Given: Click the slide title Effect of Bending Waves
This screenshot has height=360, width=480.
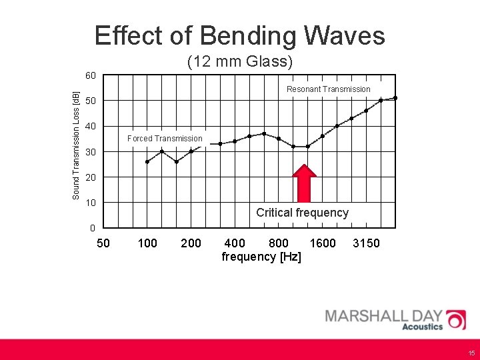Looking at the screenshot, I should pos(240,35).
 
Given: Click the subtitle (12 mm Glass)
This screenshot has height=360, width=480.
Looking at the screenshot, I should pos(240,62).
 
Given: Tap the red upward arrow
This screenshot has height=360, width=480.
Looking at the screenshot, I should pos(305,183).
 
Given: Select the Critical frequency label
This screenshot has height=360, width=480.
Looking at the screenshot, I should pos(302,213).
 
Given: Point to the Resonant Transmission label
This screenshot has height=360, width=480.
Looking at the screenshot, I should pos(328,89).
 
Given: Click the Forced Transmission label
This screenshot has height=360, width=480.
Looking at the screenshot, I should pos(165,139).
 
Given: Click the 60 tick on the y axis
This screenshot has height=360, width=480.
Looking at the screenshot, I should pos(91,75).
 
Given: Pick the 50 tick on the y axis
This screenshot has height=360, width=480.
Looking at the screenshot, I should pos(91,101).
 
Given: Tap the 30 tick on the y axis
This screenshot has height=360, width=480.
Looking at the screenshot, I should pos(91,152).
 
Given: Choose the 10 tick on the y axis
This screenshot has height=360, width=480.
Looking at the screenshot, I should pos(91,203).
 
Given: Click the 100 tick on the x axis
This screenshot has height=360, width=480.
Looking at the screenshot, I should pos(147,243).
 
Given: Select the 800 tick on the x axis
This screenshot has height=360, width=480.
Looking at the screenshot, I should pos(278,243).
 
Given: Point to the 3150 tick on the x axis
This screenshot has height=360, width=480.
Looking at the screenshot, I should pos(366,243).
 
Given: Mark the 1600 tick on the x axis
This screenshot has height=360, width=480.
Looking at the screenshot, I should pos(323,243).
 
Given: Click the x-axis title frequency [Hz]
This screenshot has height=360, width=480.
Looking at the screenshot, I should pos(261,257).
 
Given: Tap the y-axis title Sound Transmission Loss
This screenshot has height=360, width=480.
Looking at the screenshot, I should pos(76,145).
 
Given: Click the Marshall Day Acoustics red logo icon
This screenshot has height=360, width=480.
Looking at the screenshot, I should pos(456,319).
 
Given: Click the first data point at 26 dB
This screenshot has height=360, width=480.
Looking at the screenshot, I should pos(147,161).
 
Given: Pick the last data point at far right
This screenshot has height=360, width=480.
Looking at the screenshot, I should pos(395,98).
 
